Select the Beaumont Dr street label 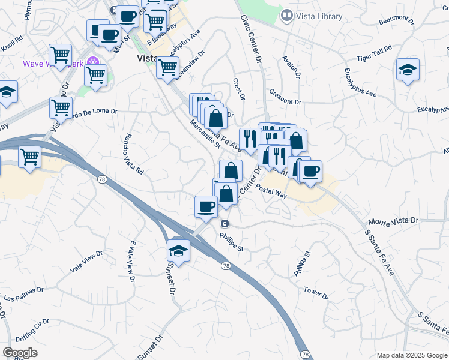[398, 21]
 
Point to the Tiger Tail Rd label [374, 52]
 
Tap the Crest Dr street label [240, 88]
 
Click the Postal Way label [271, 191]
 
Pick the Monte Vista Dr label [393, 221]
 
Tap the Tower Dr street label [316, 293]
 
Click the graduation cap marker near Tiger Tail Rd [408, 70]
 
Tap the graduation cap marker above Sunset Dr [178, 250]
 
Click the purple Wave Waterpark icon [92, 61]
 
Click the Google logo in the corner [20, 353]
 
